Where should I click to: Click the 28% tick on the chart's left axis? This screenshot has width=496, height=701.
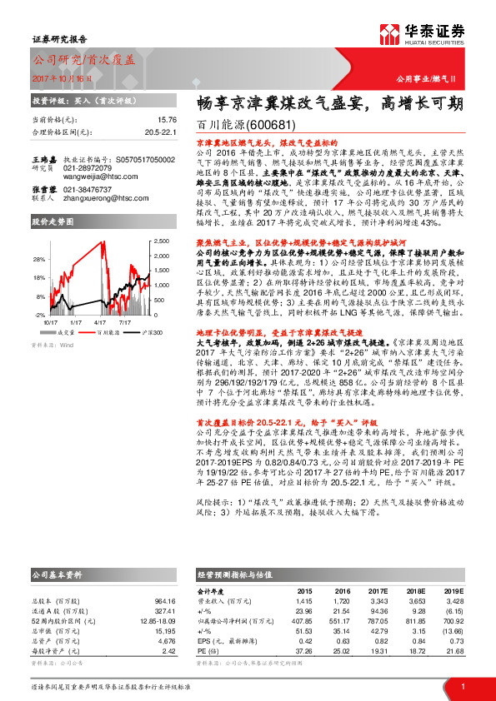pyautogui.click(x=39, y=259)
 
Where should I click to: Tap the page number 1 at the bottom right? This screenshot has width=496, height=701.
pyautogui.click(x=462, y=686)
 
